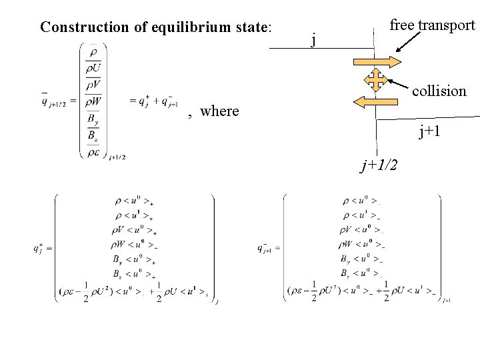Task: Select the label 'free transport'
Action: (x=432, y=25)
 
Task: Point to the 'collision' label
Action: (x=439, y=91)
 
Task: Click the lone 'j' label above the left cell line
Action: (x=313, y=41)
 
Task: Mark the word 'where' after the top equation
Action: (x=219, y=111)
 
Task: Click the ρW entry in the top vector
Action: (x=93, y=101)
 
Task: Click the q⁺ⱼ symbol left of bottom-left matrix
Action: (x=39, y=249)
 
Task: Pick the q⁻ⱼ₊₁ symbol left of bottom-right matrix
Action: (x=266, y=249)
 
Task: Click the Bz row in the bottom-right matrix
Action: (x=359, y=273)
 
